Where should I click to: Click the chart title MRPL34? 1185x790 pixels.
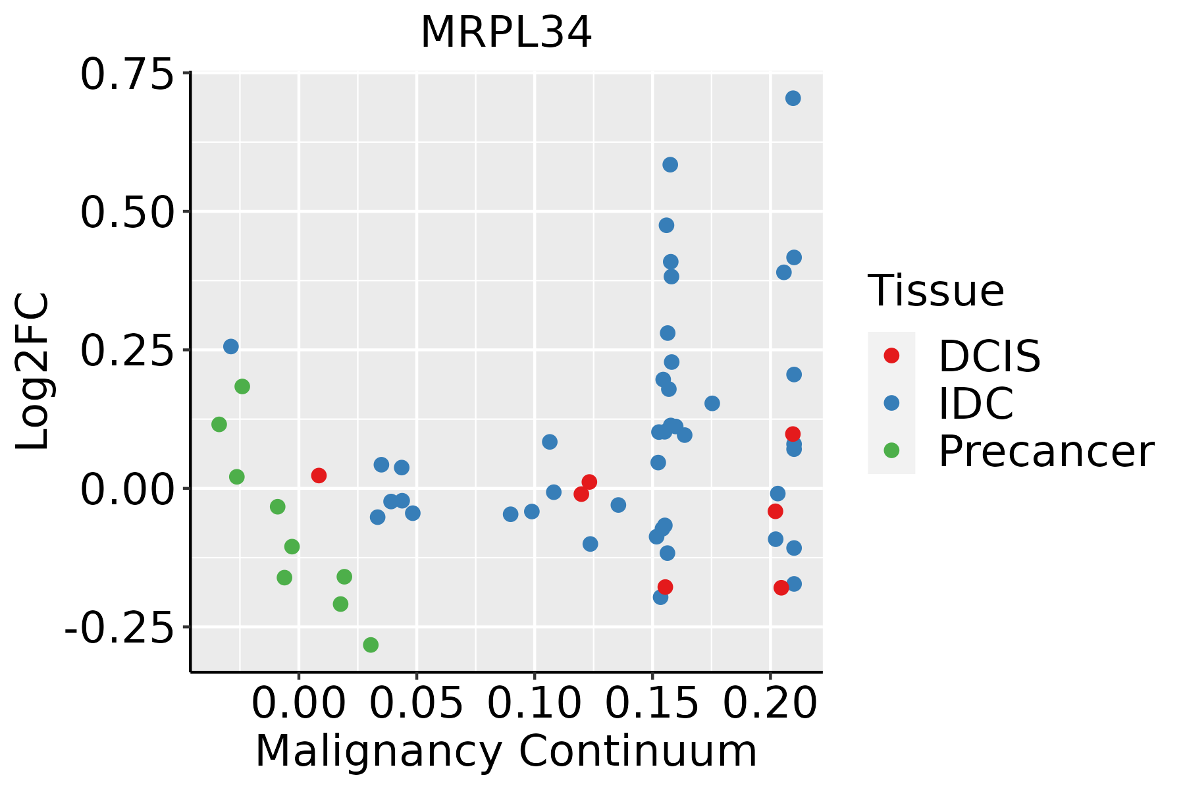pos(506,33)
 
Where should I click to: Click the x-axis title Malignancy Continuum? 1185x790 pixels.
pos(506,751)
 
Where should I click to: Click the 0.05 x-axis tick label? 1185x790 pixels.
pos(416,703)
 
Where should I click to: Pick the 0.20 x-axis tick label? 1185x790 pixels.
pos(770,703)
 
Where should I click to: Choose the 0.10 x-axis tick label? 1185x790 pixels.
pos(534,703)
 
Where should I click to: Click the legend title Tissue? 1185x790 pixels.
pos(935,290)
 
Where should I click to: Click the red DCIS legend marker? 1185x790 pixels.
pos(891,355)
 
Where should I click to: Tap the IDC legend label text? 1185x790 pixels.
pos(976,404)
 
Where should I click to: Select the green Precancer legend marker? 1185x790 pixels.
pos(891,451)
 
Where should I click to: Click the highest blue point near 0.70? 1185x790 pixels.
pos(793,98)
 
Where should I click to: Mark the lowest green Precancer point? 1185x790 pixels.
pos(371,645)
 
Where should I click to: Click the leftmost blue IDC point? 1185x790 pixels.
pos(230,346)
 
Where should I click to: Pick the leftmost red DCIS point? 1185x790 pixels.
pos(319,475)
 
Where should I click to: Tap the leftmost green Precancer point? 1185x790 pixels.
pos(219,425)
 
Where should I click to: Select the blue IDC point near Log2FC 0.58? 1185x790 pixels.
pos(670,165)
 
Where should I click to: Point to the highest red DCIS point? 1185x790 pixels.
pos(793,434)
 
